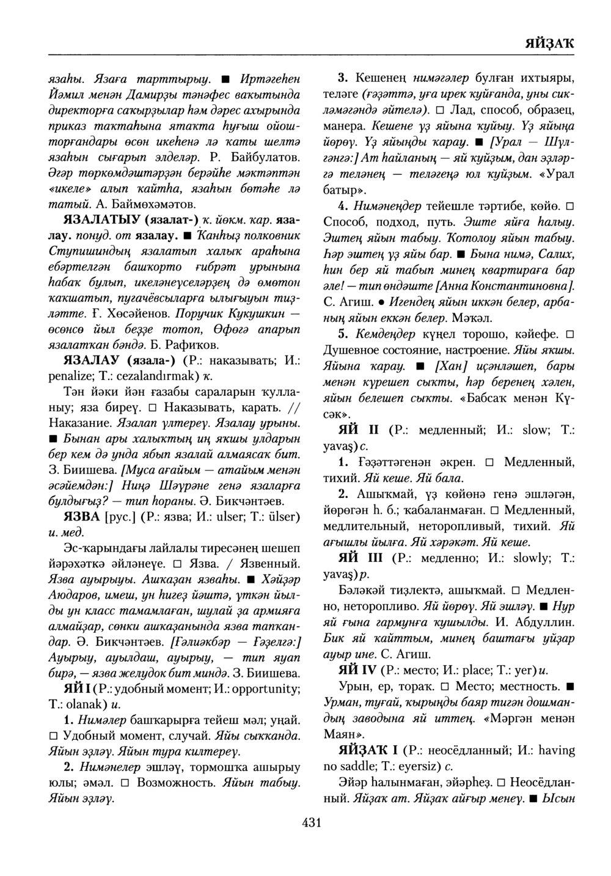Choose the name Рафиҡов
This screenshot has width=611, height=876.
(x=164, y=343)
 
